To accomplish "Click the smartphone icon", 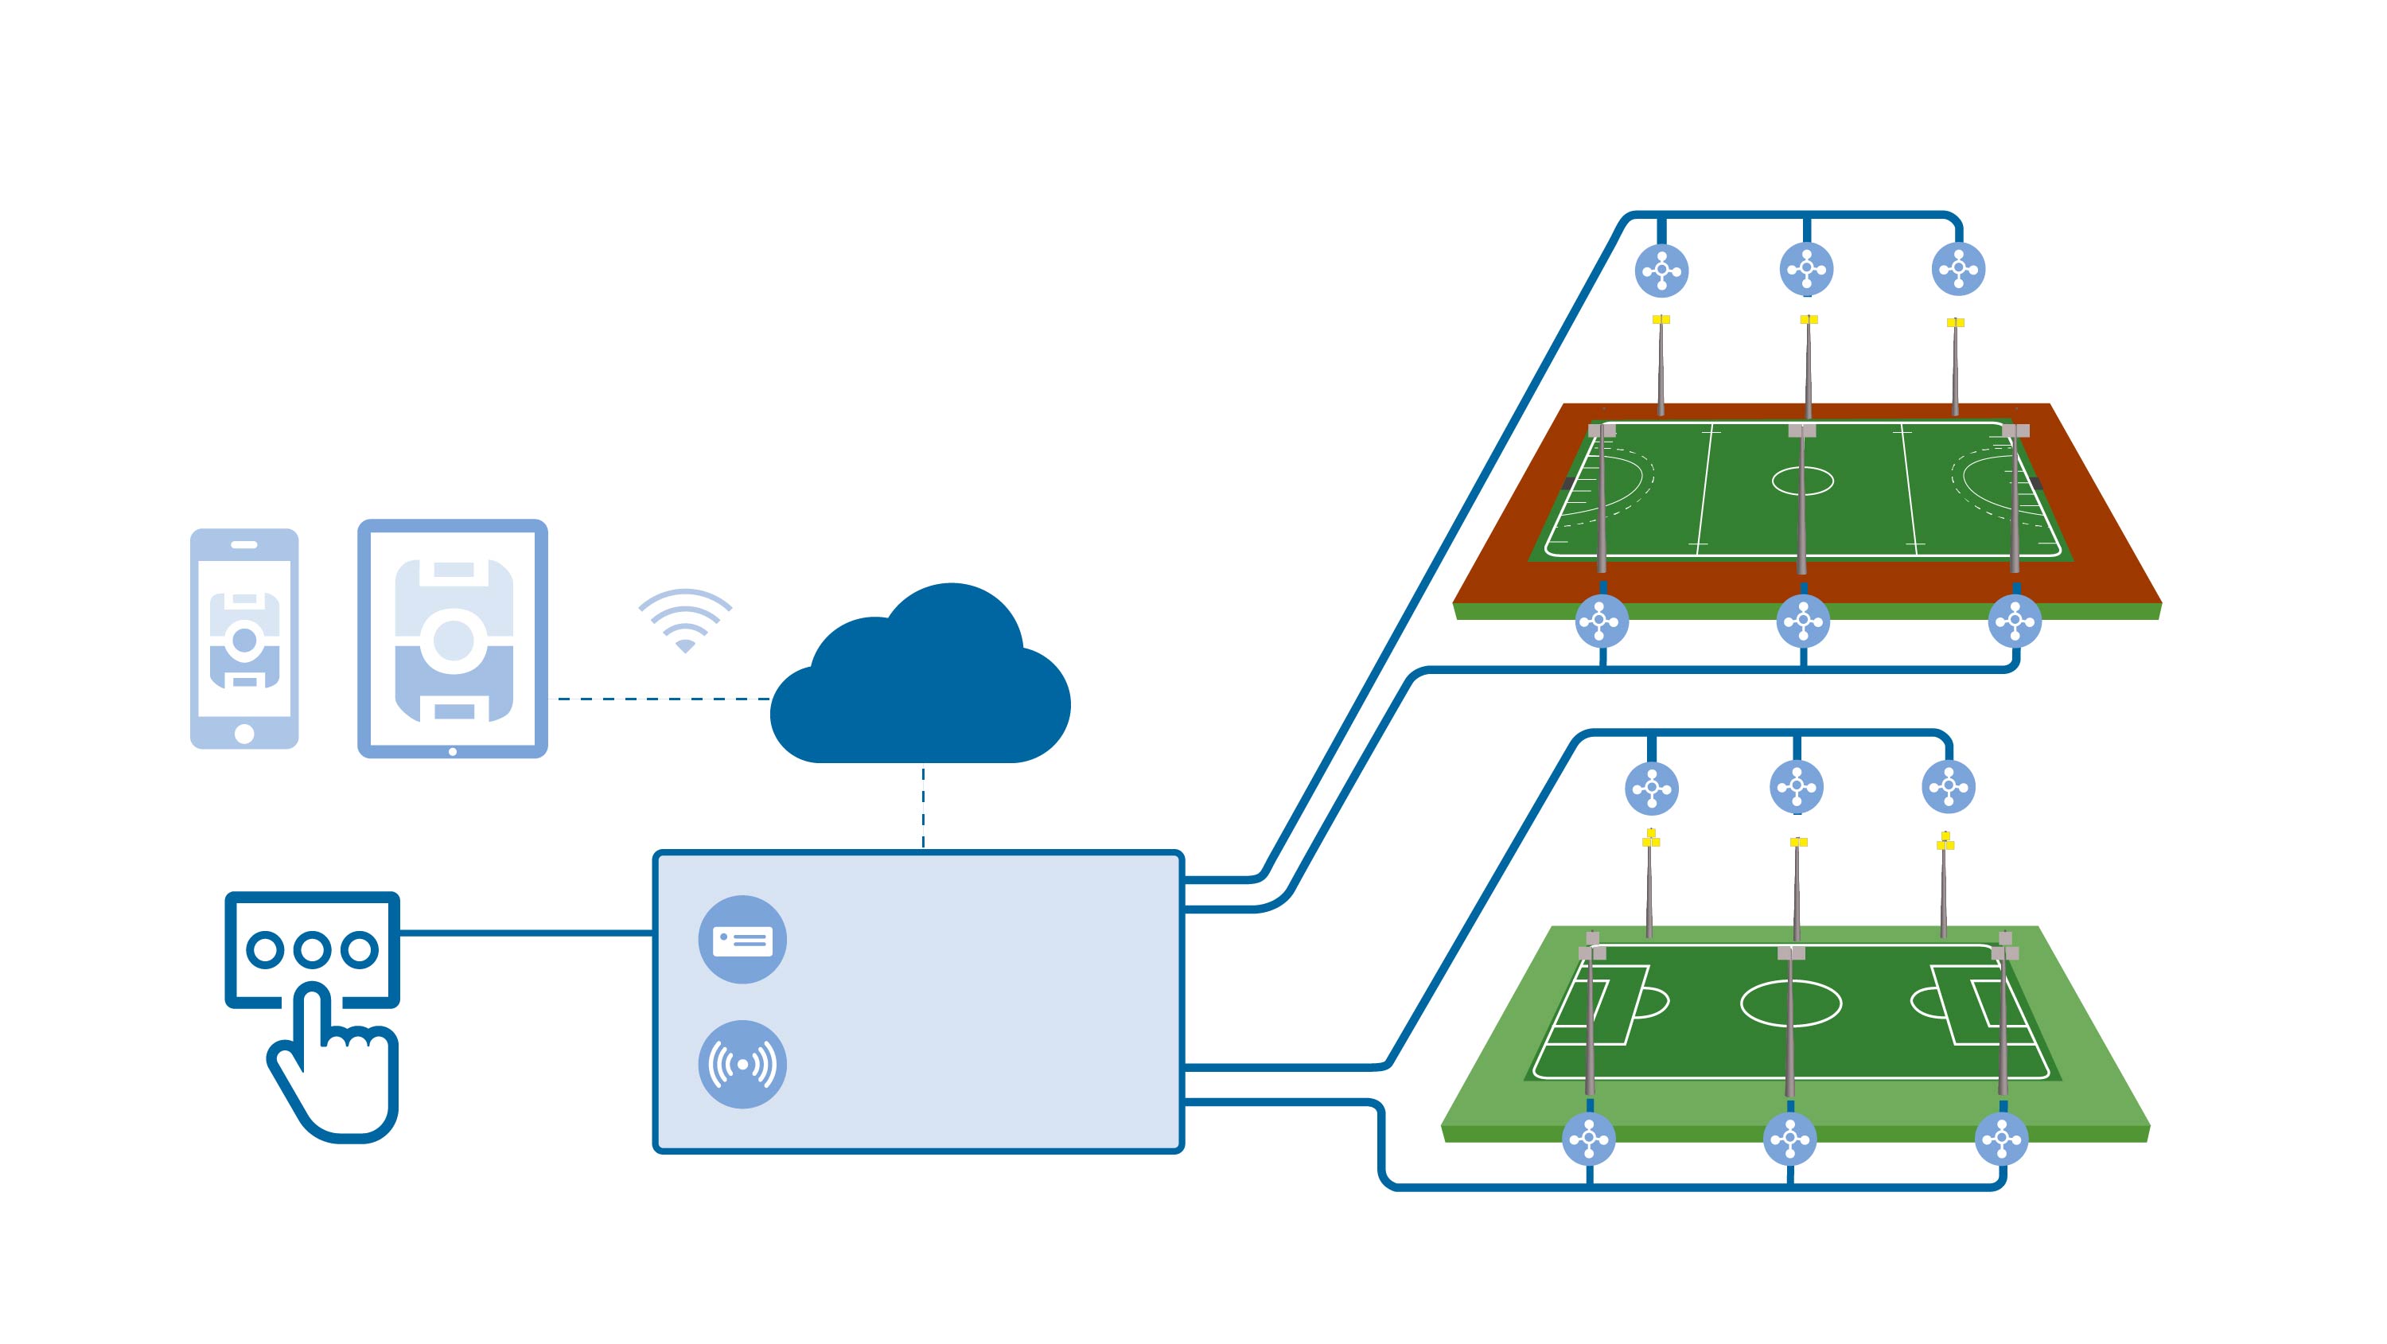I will (243, 639).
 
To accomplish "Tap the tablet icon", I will (452, 639).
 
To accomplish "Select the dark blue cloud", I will (920, 686).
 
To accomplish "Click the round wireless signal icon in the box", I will (742, 1064).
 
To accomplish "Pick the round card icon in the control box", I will (742, 940).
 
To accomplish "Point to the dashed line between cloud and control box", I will (923, 806).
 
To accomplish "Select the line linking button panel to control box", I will (526, 933).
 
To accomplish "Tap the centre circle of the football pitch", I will (1790, 1003).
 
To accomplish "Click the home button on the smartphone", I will (243, 734).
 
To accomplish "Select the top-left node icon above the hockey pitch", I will (1661, 271).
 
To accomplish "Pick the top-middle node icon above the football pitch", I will (1797, 787).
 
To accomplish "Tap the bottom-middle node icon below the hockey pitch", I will (1802, 621).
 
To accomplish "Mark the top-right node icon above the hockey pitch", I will (1958, 269).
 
